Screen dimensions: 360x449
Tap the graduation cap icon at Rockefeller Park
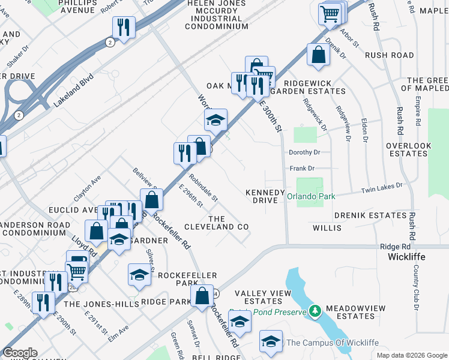(x=139, y=275)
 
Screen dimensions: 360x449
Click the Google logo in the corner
(x=20, y=353)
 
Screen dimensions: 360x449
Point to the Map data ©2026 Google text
(x=411, y=355)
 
